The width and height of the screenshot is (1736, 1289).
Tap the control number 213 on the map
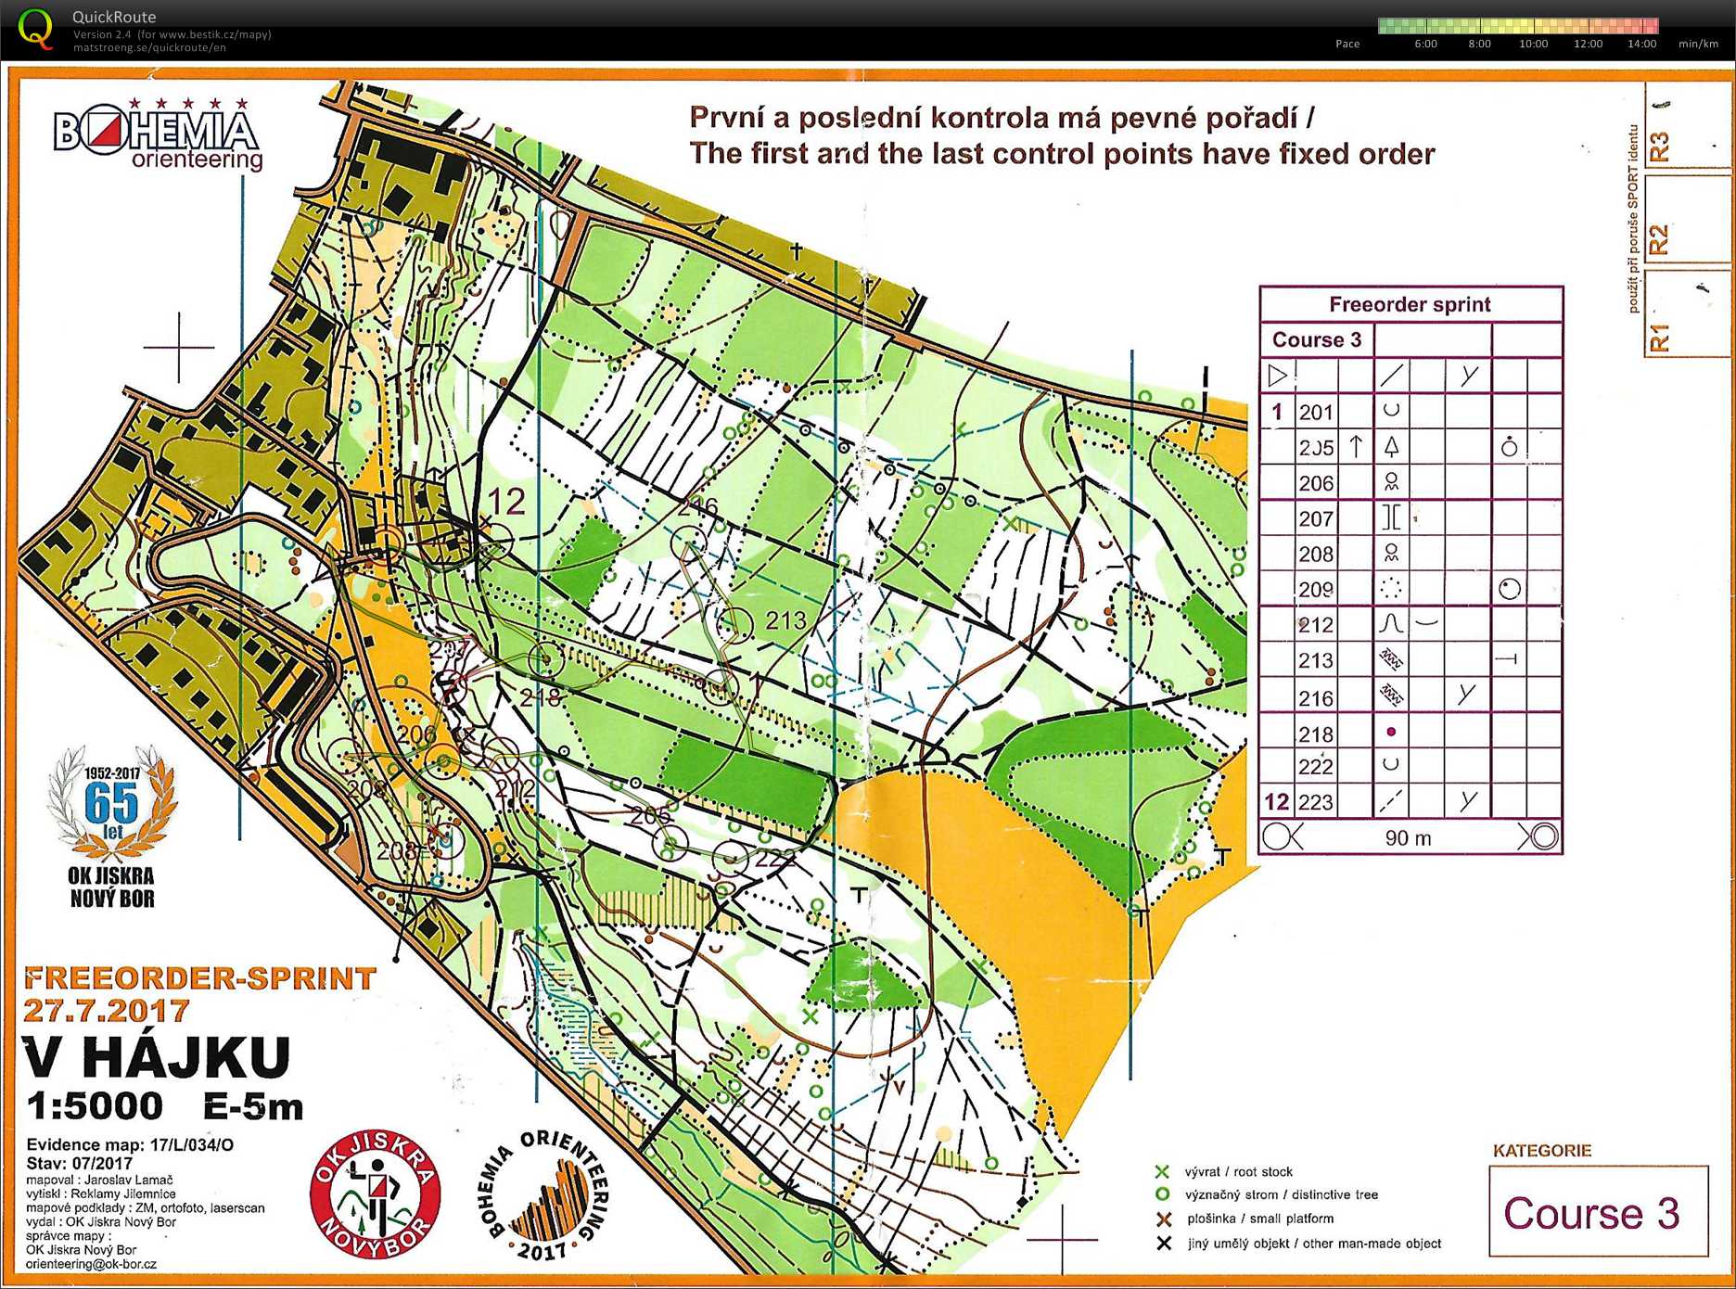(785, 620)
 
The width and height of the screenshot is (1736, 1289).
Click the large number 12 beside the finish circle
(506, 502)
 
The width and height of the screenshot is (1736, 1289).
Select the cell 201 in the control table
(1315, 412)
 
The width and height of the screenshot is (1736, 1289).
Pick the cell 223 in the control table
(1315, 801)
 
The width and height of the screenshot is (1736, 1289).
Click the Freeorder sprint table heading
(1409, 304)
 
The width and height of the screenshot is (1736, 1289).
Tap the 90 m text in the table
(1408, 838)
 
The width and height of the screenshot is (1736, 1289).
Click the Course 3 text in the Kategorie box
(1590, 1213)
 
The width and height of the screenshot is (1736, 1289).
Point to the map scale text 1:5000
(95, 1105)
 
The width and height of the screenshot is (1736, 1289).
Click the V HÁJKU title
(156, 1056)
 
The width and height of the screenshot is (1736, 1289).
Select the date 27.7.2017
(107, 1010)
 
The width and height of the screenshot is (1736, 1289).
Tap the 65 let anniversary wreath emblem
(112, 802)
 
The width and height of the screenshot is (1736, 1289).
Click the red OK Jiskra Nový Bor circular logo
(375, 1194)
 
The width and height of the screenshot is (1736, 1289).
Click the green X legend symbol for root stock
(1161, 1172)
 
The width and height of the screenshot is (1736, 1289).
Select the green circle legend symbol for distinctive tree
(1161, 1195)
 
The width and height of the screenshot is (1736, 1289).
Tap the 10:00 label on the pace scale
(1533, 44)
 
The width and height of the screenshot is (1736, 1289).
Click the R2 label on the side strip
(1659, 239)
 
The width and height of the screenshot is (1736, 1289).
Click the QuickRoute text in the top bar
(114, 17)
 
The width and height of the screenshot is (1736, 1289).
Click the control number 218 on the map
(541, 696)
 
